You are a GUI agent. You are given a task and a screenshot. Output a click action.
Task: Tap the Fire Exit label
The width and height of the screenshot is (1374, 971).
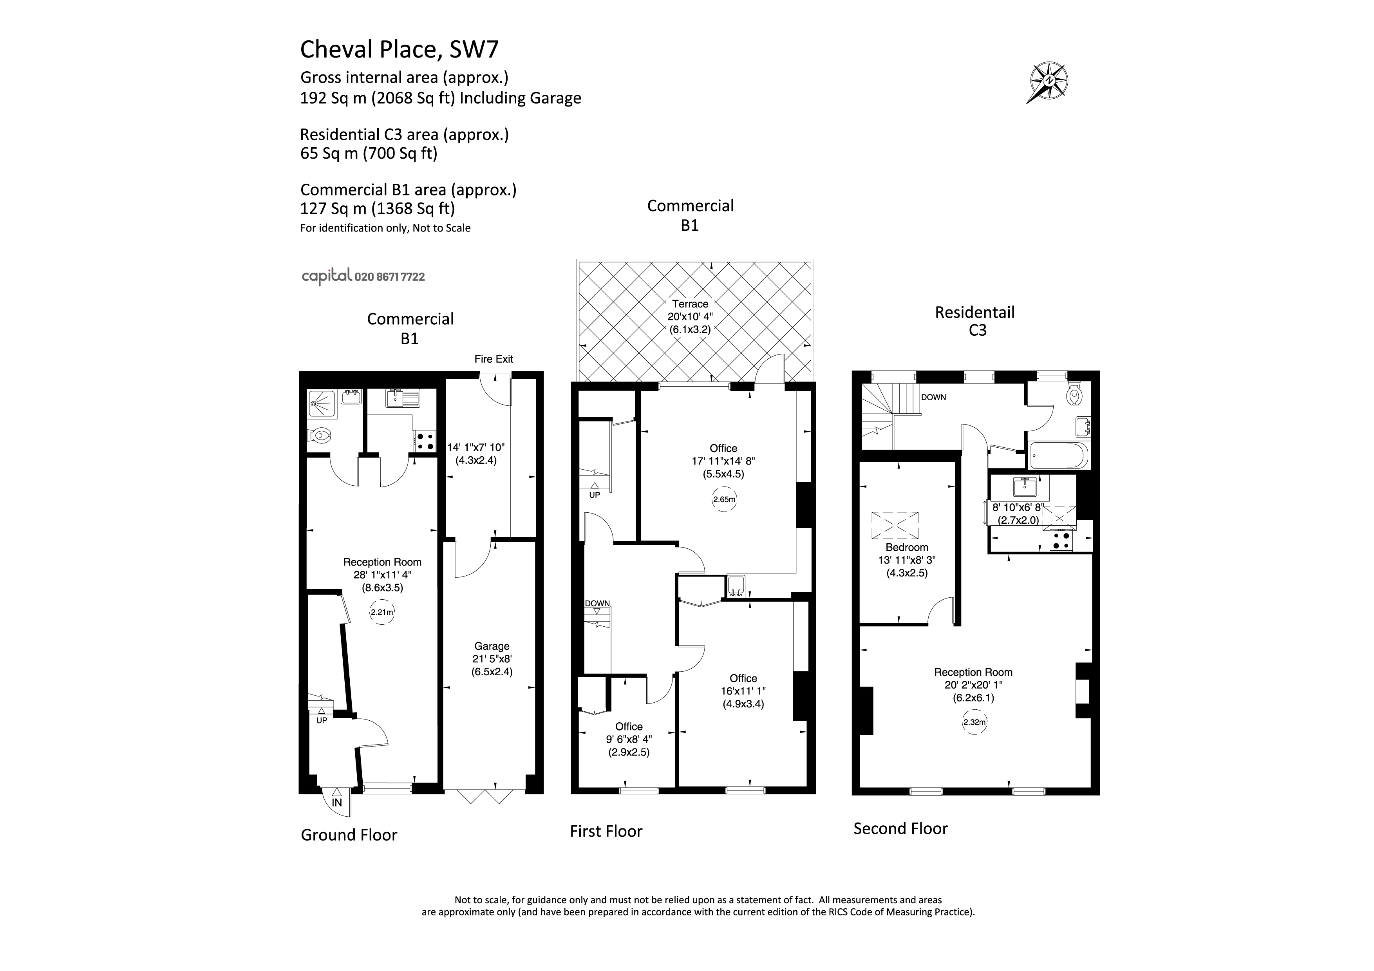click(494, 359)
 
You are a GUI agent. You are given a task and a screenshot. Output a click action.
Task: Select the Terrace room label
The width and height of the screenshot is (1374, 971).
click(690, 304)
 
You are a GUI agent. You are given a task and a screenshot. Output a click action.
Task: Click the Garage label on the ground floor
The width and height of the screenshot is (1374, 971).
click(492, 646)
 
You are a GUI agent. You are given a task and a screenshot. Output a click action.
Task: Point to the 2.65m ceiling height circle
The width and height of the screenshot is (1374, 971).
click(724, 499)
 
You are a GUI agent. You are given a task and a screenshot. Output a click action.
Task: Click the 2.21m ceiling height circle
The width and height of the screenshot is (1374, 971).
click(382, 613)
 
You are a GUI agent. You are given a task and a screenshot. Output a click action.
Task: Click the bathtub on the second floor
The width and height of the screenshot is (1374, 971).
click(1058, 456)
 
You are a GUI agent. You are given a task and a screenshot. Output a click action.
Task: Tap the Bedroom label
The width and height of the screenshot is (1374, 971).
click(907, 548)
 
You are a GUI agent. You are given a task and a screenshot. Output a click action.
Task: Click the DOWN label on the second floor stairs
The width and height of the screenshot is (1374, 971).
click(933, 397)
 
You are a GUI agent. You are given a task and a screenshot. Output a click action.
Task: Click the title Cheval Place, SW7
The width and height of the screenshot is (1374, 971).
click(399, 49)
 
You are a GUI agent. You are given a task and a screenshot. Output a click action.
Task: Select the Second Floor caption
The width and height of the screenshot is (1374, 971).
click(900, 828)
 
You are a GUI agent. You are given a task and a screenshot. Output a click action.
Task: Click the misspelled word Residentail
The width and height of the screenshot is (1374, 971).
click(975, 312)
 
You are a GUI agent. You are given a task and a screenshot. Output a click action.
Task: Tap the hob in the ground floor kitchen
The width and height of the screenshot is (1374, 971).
click(425, 441)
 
